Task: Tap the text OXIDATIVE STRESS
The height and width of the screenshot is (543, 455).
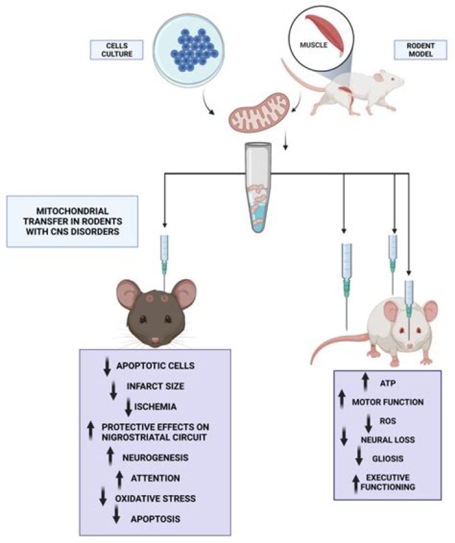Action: coord(155,498)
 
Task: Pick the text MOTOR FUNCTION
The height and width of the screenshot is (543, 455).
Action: coord(387,402)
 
